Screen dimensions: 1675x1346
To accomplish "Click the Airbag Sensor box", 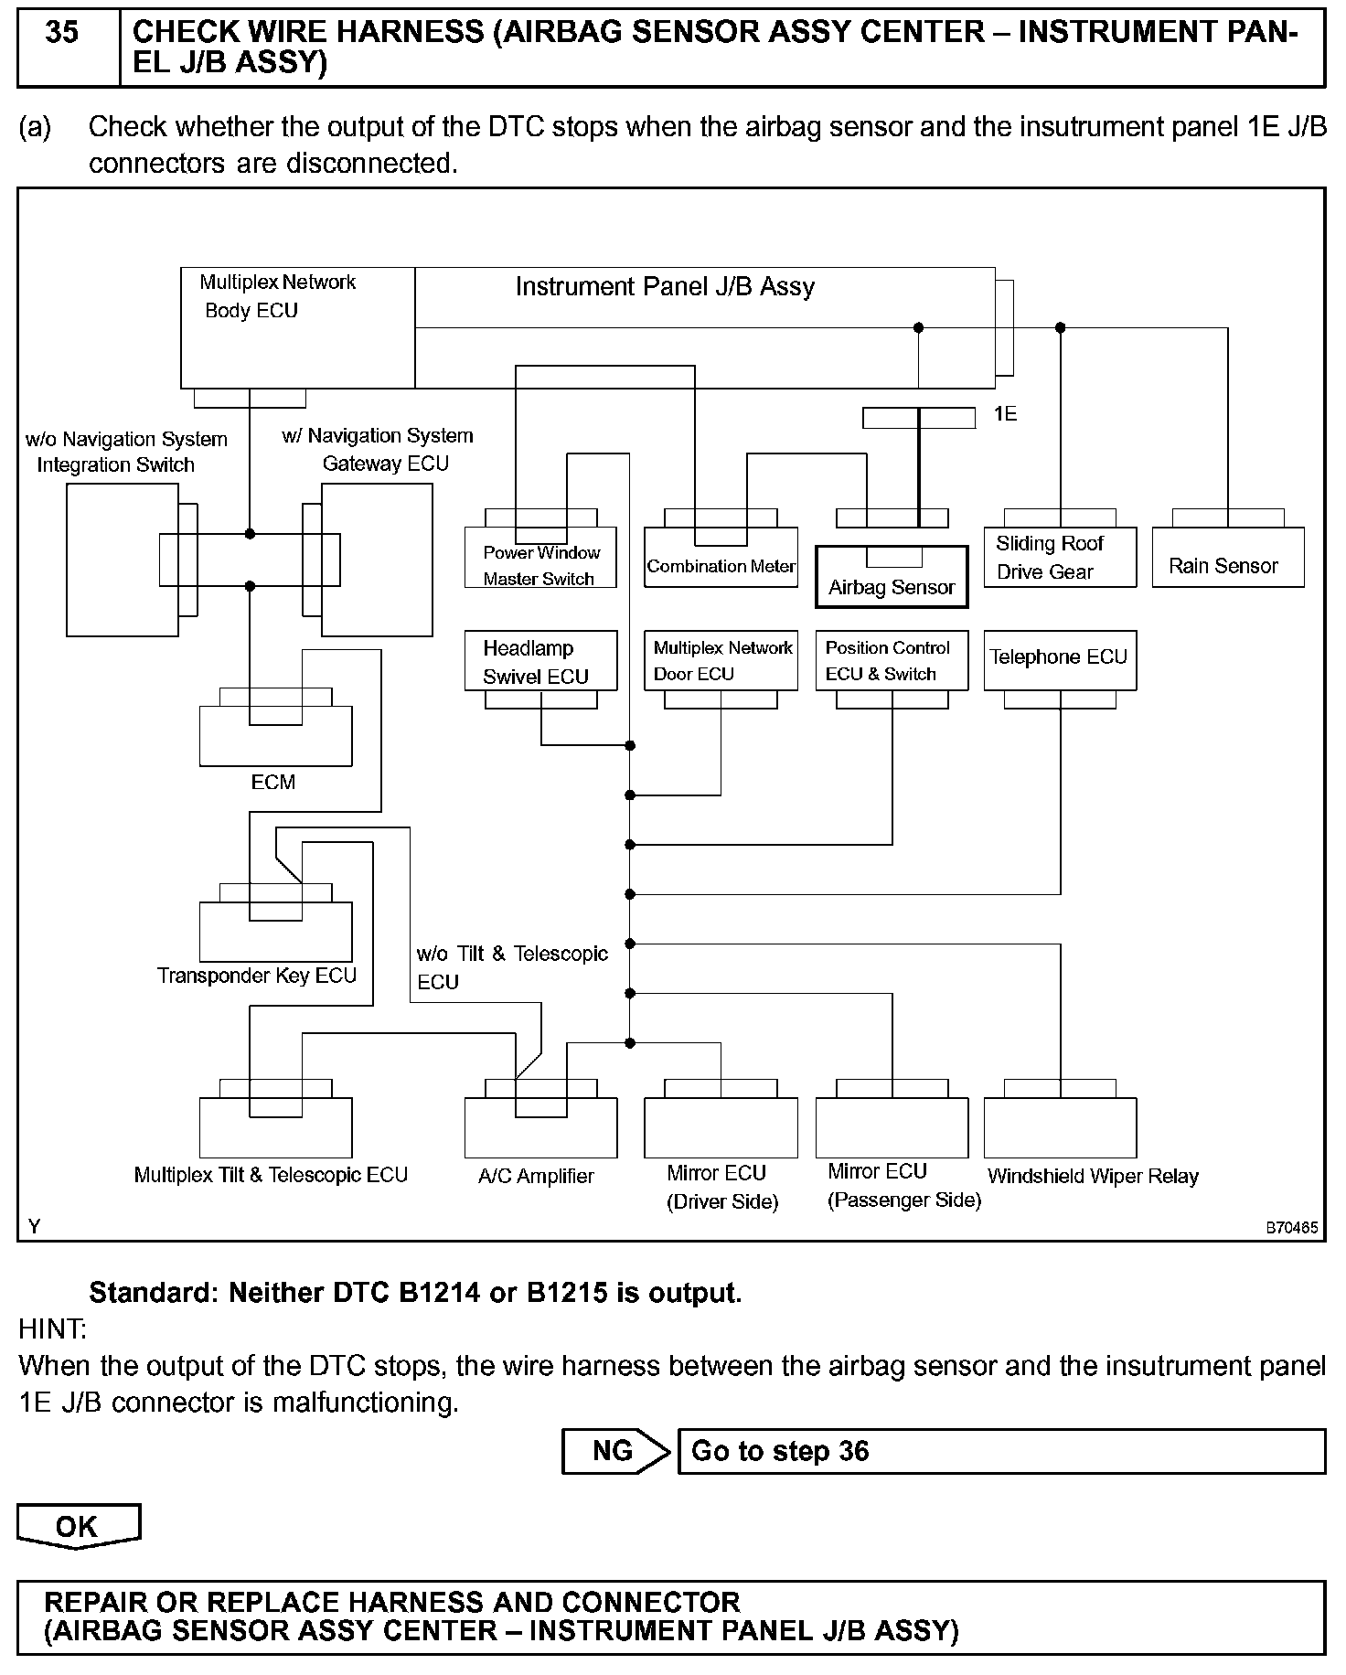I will [891, 577].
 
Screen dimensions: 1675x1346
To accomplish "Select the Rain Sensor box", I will [1227, 558].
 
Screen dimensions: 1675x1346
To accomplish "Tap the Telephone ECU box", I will [1060, 659].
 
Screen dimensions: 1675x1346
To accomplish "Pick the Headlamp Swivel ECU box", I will [540, 661].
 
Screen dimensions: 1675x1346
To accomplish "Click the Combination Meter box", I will [721, 558].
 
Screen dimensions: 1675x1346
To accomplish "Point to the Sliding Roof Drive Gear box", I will [1060, 558].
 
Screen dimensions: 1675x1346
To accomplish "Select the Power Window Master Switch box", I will [540, 559].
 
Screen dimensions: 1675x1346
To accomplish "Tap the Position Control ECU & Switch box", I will [891, 660].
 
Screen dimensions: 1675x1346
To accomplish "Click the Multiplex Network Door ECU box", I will [721, 660].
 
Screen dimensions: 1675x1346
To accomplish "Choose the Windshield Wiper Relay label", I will [1093, 1177].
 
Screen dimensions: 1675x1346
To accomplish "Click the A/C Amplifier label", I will [536, 1177].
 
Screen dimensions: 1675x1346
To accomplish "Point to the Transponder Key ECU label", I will [257, 976].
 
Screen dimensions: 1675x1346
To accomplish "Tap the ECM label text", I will [273, 782].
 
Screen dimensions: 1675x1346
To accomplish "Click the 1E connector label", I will [1005, 414].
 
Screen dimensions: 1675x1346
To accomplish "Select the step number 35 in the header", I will [62, 33].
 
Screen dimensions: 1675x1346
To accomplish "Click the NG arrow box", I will [614, 1451].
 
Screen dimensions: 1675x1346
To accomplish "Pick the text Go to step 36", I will [780, 1451].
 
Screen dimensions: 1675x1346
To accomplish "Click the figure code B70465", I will [1291, 1228].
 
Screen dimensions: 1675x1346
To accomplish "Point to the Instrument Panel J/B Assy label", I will [665, 287].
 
